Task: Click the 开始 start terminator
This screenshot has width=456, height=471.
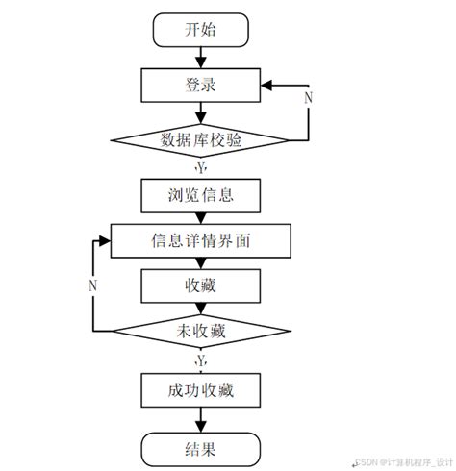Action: point(201,30)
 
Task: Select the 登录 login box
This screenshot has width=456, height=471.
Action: point(201,85)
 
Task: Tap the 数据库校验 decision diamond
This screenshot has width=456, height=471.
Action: point(201,139)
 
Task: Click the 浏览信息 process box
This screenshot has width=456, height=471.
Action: point(201,195)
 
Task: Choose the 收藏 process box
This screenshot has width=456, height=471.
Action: point(201,285)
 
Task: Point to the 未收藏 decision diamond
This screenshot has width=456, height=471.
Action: point(201,331)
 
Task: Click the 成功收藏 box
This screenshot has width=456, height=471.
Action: point(201,390)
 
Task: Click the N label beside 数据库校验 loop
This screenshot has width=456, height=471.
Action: point(309,98)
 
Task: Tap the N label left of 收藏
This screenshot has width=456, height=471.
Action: point(92,285)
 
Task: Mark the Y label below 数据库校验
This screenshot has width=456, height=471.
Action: point(200,167)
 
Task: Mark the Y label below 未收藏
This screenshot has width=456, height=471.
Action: point(200,360)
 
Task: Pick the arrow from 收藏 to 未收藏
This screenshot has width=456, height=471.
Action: point(201,308)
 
